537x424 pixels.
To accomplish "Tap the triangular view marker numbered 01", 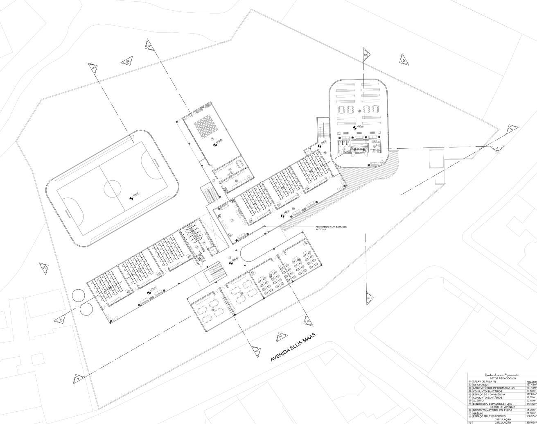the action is click(280, 337).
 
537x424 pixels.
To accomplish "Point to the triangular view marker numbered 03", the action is click(127, 61).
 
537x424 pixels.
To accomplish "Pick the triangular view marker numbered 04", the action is click(403, 60).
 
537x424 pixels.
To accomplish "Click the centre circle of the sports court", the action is click(113, 189).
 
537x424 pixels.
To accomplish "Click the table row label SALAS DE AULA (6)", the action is click(483, 381).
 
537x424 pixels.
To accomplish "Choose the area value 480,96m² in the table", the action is click(531, 381).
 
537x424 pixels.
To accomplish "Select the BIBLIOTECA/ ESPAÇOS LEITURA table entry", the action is click(492, 404).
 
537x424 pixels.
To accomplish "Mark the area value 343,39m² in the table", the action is click(531, 404).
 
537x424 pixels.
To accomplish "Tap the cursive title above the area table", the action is click(501, 374).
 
